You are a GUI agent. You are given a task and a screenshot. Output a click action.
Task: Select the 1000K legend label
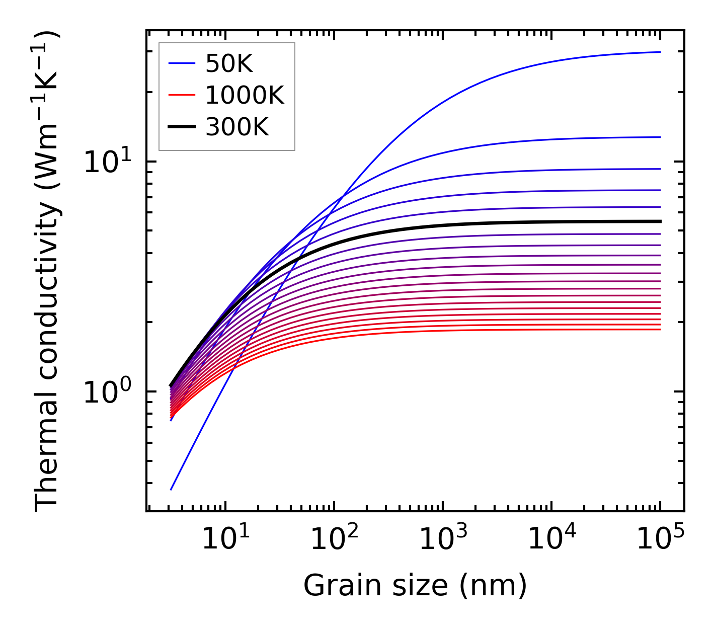click(x=245, y=95)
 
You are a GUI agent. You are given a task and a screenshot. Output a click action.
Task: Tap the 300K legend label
click(x=237, y=127)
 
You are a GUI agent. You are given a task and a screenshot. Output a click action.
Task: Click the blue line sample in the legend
click(x=181, y=63)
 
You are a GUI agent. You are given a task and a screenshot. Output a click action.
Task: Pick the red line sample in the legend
click(x=181, y=95)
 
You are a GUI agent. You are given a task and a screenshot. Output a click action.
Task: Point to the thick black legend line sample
click(x=181, y=127)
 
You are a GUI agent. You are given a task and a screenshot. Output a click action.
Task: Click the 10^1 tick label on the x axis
click(x=224, y=540)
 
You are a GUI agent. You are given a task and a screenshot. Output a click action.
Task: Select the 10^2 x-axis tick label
click(x=334, y=540)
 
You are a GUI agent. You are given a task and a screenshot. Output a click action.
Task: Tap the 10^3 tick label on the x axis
click(x=442, y=540)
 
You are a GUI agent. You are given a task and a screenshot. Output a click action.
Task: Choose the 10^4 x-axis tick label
click(x=551, y=540)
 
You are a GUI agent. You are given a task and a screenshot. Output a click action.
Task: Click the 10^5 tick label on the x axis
click(x=660, y=540)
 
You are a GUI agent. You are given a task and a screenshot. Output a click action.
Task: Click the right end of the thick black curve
click(x=660, y=221)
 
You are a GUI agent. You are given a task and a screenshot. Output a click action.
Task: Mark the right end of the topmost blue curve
click(x=660, y=52)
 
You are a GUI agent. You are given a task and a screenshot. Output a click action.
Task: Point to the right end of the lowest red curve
click(x=660, y=329)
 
